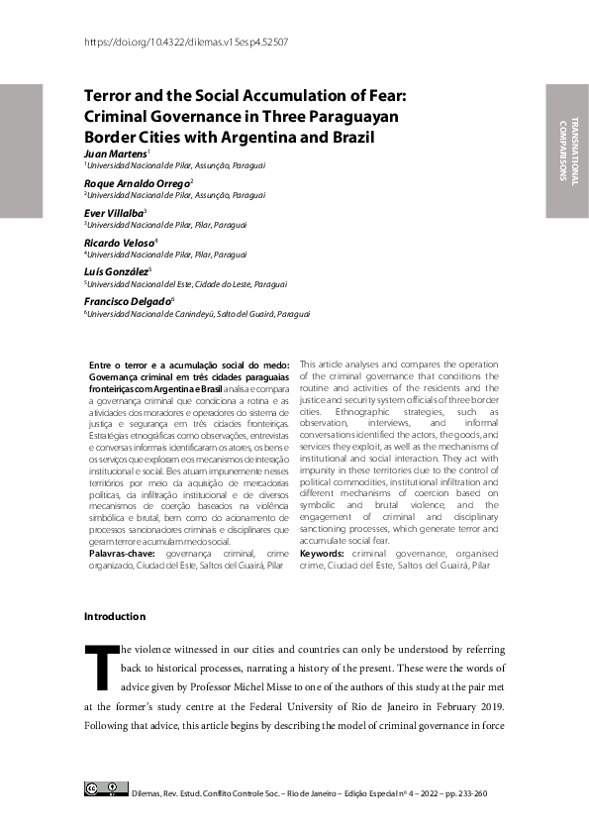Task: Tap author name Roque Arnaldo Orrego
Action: coord(137,183)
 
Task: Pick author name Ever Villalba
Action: coord(114,212)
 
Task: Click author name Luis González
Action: coord(117,269)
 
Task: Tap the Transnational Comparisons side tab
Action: coord(567,151)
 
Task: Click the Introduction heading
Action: coord(115,617)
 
